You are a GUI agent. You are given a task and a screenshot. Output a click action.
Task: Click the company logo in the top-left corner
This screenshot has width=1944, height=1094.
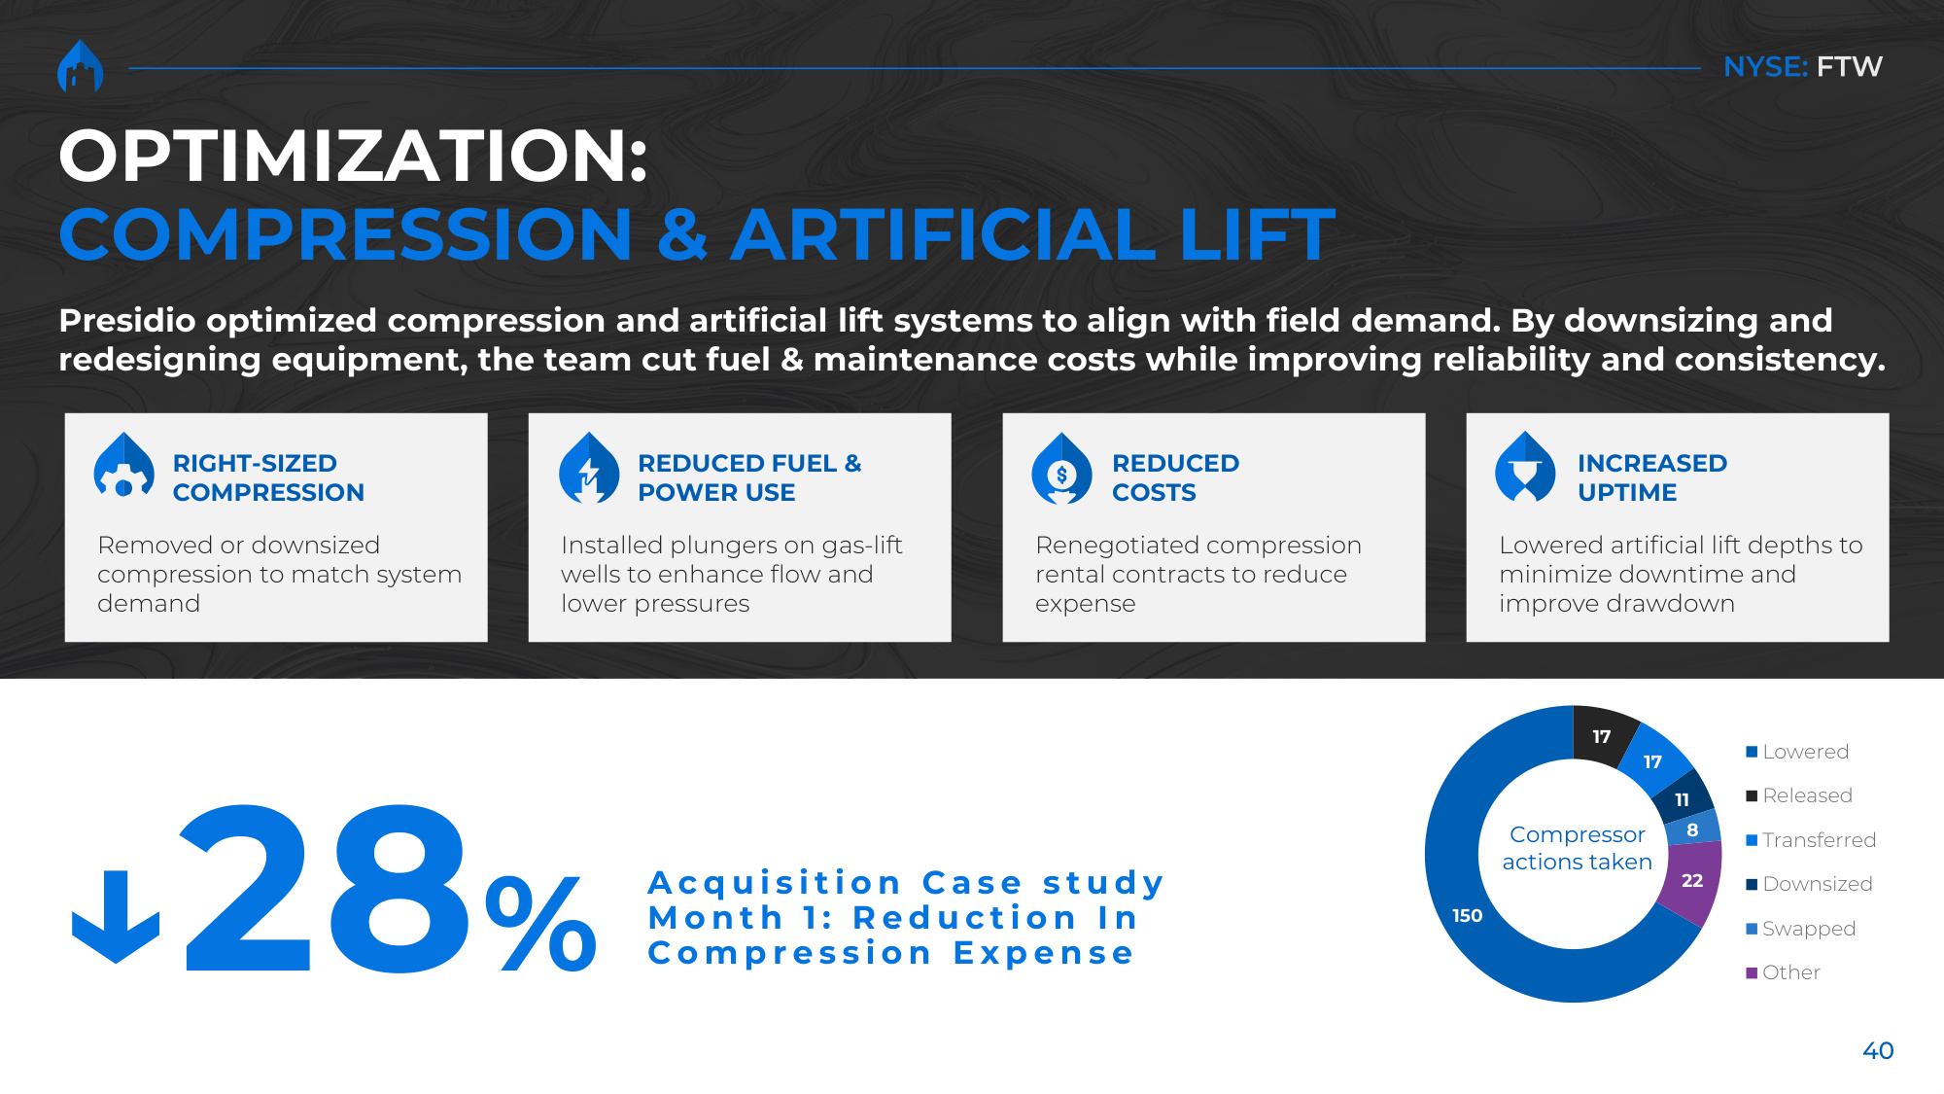pos(81,66)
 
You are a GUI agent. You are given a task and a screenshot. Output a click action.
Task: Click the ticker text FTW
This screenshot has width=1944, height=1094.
pos(1850,67)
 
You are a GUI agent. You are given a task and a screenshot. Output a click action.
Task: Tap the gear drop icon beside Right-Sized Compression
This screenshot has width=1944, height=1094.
pos(123,467)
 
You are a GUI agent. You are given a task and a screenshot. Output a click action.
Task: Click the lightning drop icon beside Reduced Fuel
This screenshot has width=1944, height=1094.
pos(589,468)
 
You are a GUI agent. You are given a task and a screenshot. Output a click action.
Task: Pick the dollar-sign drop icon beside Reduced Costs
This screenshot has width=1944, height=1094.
pos(1061,468)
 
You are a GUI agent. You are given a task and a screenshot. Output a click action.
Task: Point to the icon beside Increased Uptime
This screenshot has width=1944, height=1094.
pos(1525,467)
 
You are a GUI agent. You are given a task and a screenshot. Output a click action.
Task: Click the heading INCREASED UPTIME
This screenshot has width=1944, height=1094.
pos(1652,477)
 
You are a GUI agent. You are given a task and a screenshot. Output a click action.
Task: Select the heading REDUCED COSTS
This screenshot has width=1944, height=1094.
pos(1175,477)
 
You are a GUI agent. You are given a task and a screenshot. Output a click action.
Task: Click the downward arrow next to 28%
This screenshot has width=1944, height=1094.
pos(116,916)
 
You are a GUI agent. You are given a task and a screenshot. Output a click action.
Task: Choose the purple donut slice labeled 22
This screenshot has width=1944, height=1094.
pos(1691,881)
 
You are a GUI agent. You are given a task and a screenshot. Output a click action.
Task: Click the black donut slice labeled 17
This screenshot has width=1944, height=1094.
pos(1602,737)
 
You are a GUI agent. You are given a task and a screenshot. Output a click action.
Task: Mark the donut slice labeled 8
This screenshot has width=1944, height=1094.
pos(1693,829)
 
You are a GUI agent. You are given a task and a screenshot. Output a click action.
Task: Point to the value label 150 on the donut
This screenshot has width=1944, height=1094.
pos(1467,915)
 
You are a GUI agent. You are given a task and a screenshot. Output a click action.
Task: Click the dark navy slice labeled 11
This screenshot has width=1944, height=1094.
pos(1683,798)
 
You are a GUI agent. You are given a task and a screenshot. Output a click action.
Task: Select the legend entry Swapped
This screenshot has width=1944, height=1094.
pos(1801,929)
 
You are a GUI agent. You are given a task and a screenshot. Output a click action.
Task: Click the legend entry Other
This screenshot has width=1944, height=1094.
pos(1783,972)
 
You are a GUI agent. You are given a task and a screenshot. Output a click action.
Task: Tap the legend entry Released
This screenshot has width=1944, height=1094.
pos(1799,795)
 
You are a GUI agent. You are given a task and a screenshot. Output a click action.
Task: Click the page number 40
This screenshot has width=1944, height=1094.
pos(1878,1050)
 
